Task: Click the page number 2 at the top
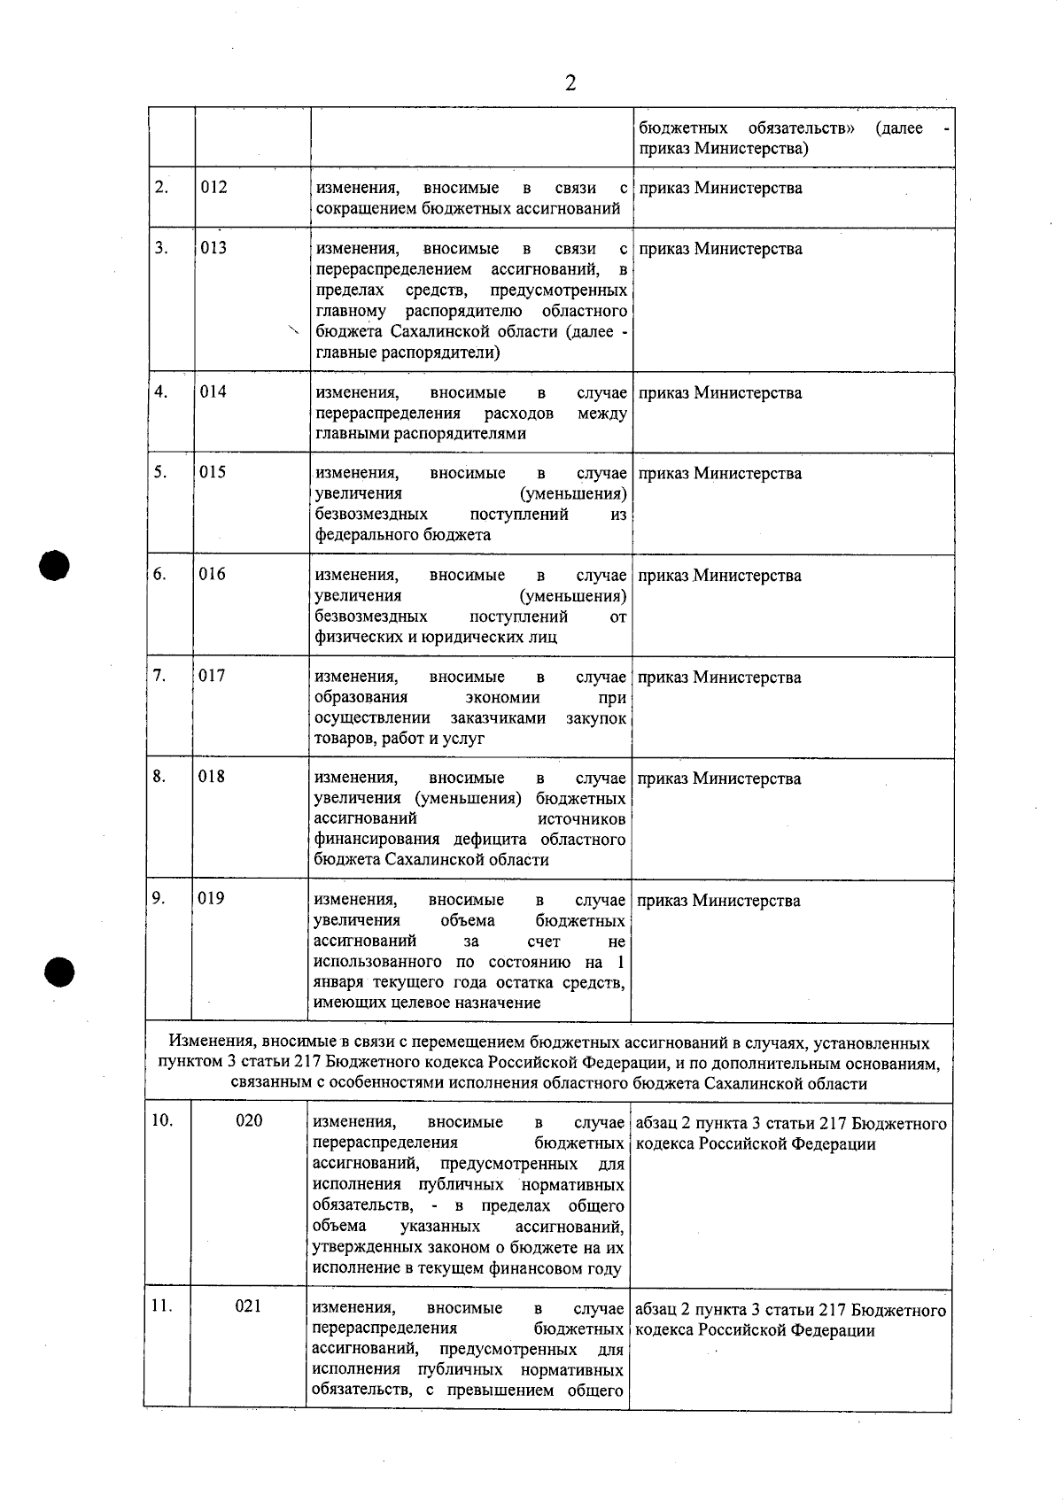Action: pos(570,83)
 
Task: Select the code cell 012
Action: pos(213,187)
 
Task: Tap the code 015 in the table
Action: pos(213,472)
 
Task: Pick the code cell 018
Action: pos(212,777)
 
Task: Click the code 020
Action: pos(249,1121)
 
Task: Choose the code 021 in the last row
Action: pos(248,1306)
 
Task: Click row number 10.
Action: pos(161,1120)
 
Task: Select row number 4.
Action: pos(160,391)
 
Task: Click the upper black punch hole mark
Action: pos(55,565)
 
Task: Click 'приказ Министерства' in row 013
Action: pos(720,249)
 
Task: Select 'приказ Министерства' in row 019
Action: pos(718,901)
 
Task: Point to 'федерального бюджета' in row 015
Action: pos(403,535)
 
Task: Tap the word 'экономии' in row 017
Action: pos(502,698)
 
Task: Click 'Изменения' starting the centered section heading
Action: pos(206,1043)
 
